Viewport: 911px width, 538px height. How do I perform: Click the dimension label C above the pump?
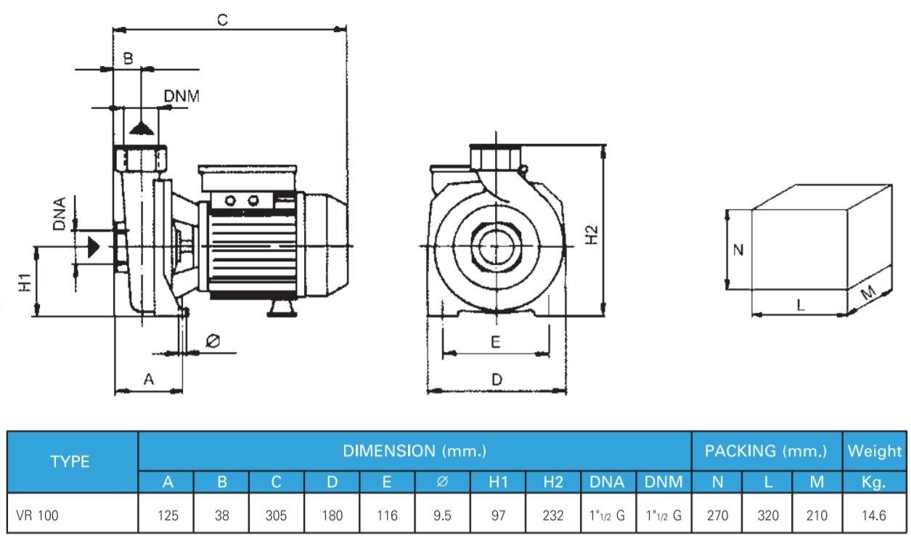[x=223, y=20]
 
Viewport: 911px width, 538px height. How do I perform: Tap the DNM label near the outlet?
[x=181, y=96]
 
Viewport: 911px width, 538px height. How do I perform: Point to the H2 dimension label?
[x=593, y=234]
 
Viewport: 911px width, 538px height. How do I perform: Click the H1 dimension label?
[x=25, y=283]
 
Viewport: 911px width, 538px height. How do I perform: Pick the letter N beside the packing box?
[x=738, y=250]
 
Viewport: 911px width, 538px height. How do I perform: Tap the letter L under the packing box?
[x=801, y=306]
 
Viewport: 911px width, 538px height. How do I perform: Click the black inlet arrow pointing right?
[x=93, y=246]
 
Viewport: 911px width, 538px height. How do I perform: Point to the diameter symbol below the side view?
[x=213, y=341]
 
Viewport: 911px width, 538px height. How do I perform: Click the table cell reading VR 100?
[x=38, y=516]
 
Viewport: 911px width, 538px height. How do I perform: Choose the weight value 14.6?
[x=874, y=516]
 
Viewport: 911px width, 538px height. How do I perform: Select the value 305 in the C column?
[x=276, y=516]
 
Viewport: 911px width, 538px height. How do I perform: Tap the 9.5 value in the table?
[x=442, y=516]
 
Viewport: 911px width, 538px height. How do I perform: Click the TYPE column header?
[x=70, y=462]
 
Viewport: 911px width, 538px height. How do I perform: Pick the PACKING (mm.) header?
[x=766, y=451]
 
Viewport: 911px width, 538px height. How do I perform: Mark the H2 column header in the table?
[x=553, y=481]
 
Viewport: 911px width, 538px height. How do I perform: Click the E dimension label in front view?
[x=496, y=343]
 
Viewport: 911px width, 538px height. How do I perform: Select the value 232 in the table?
[x=553, y=516]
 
